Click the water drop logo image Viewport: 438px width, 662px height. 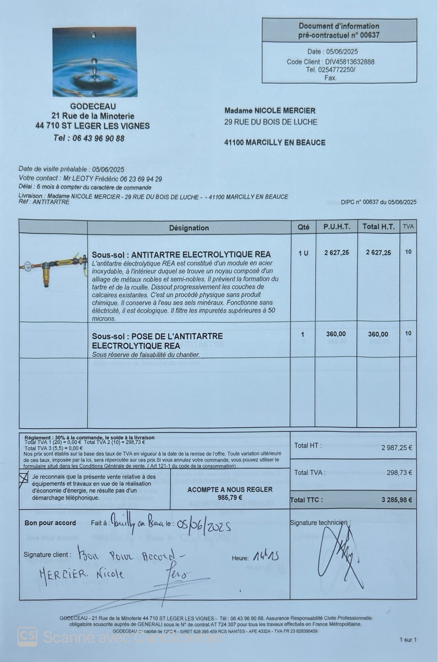[95, 62]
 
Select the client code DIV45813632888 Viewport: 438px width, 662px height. [350, 62]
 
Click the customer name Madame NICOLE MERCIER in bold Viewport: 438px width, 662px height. [270, 111]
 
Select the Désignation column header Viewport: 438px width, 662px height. [189, 228]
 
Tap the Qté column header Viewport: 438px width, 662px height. [303, 227]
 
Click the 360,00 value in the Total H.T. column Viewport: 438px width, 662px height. [378, 334]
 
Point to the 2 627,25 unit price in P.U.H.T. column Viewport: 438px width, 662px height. [336, 253]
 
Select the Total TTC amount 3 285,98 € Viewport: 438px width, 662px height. [397, 500]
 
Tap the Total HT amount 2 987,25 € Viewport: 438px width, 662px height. [397, 448]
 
